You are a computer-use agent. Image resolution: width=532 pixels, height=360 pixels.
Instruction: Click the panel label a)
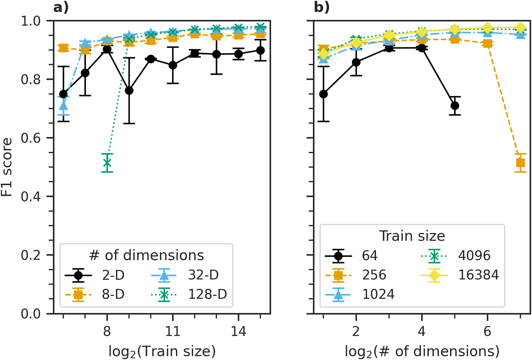click(x=61, y=7)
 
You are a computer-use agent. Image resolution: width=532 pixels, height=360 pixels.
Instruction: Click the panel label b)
click(x=322, y=7)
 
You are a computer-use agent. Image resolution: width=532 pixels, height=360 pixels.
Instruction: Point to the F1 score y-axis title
click(x=7, y=167)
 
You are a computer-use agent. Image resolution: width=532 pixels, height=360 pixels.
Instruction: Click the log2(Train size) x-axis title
click(x=162, y=351)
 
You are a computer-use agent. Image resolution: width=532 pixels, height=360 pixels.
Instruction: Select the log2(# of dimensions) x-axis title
click(x=422, y=351)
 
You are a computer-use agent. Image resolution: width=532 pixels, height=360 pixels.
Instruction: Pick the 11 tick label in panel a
click(x=173, y=332)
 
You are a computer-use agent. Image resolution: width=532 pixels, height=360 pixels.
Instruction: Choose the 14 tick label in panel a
click(x=238, y=332)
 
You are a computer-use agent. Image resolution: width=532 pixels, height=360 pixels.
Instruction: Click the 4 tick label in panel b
click(x=422, y=332)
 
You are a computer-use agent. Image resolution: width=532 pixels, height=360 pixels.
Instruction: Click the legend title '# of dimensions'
click(x=146, y=255)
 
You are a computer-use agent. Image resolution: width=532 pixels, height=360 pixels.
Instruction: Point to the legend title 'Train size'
click(x=412, y=236)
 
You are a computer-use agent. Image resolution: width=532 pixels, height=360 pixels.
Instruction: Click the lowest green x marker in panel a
click(x=107, y=163)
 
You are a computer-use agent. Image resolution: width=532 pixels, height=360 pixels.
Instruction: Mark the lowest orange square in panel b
click(x=520, y=163)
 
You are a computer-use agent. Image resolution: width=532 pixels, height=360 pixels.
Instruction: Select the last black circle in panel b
click(x=455, y=106)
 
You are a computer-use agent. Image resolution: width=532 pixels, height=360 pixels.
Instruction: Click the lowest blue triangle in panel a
click(x=63, y=106)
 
